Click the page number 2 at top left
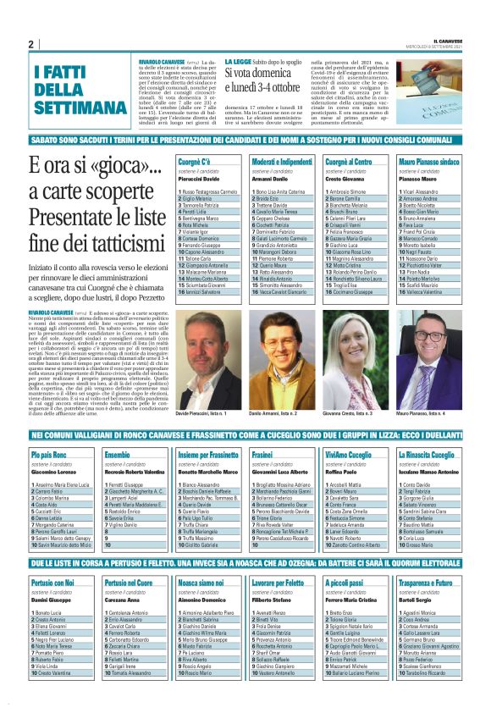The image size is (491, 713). [30, 44]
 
